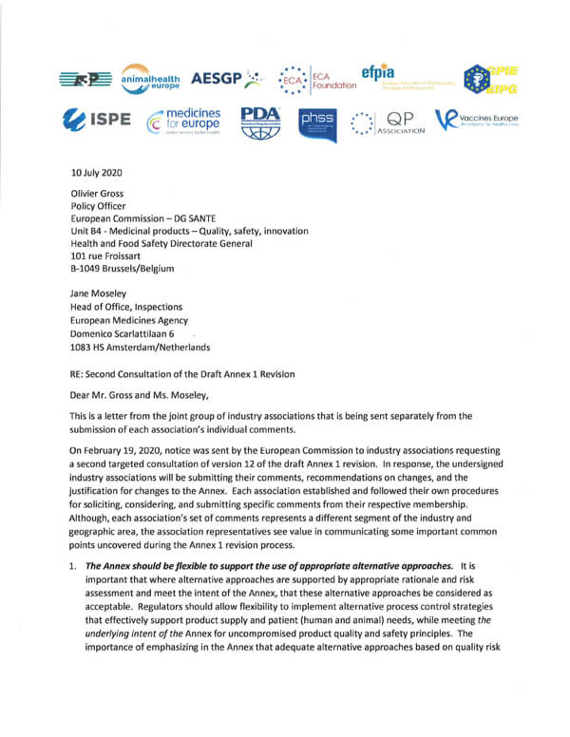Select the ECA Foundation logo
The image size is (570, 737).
(315, 79)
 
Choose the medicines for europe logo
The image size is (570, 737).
(183, 122)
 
